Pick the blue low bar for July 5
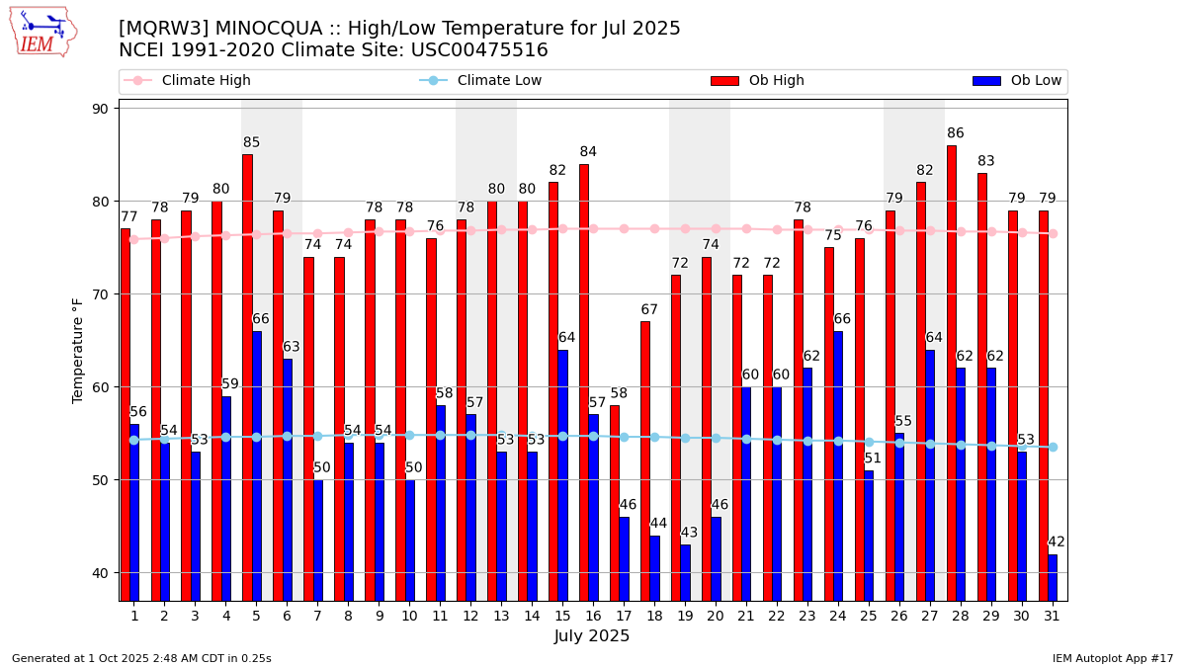coord(257,465)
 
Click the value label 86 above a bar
coord(956,133)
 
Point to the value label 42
coord(1057,542)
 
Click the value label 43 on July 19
coord(689,533)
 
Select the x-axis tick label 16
coord(593,616)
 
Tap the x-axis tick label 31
coord(1053,616)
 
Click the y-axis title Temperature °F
coord(79,350)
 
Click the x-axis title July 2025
coord(592,636)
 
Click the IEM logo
coord(42,32)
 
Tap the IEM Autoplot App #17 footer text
coord(1112,658)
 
